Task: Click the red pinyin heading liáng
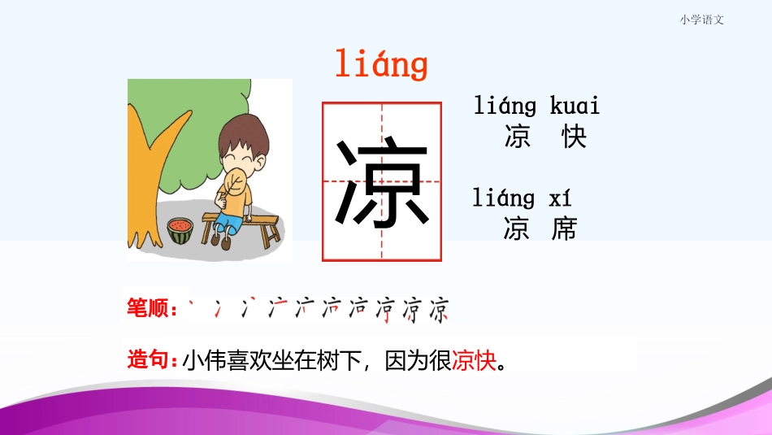(x=380, y=65)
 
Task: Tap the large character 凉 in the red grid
(x=381, y=182)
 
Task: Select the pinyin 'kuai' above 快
(x=575, y=106)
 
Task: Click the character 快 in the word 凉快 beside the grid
(x=574, y=137)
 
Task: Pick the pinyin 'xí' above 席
(x=561, y=198)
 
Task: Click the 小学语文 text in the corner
(x=701, y=20)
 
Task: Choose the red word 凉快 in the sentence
(x=473, y=359)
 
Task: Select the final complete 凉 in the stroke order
(x=439, y=310)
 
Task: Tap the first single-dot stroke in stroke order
(x=193, y=305)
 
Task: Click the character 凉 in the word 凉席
(x=517, y=229)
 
